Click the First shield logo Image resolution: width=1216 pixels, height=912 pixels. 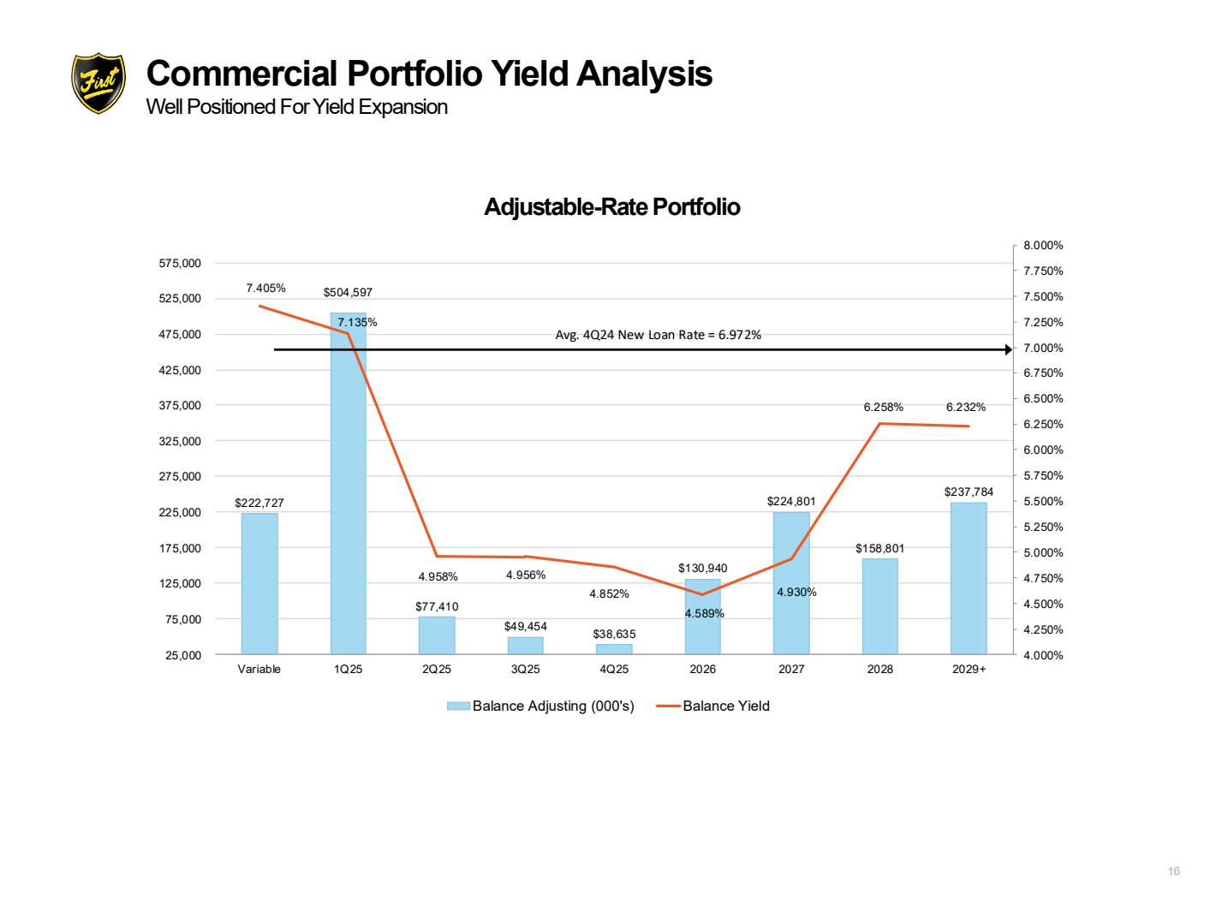98,83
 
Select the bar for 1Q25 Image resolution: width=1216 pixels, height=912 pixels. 348,483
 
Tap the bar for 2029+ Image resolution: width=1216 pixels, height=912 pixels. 969,578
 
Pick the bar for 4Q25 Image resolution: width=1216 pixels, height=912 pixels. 614,649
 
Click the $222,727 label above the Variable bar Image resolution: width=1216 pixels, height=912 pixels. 259,503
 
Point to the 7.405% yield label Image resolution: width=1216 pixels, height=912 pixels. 266,288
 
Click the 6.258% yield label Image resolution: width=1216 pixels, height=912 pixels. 883,407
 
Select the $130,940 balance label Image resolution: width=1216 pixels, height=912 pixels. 702,568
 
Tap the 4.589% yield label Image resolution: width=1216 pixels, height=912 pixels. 705,613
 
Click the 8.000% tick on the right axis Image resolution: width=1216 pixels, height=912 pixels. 1043,245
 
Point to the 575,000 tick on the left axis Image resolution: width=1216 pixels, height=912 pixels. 180,263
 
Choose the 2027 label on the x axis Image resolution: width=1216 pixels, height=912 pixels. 791,669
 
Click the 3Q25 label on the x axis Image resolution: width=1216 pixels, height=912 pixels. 525,669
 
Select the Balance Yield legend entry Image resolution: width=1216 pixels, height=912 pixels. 712,706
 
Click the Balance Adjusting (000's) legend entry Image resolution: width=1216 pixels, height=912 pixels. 540,706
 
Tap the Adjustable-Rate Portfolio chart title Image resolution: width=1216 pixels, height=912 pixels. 612,207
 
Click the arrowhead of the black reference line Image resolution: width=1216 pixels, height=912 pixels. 1008,349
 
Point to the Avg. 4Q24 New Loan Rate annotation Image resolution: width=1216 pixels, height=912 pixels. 659,335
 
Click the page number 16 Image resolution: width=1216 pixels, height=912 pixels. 1173,871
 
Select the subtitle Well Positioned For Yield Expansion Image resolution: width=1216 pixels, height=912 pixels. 296,107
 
